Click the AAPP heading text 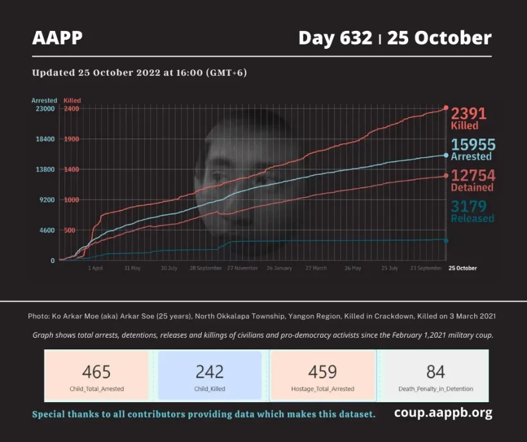coord(57,38)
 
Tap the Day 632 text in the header coord(335,38)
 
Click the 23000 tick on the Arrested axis coord(45,109)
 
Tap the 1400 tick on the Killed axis coord(71,169)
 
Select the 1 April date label coord(94,268)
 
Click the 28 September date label coord(206,268)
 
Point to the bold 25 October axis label coord(462,268)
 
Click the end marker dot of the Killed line coord(446,108)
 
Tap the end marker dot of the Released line coord(446,241)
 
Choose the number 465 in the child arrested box coord(96,372)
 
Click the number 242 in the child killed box coord(210,372)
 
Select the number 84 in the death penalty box coord(435,372)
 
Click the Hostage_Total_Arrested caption coord(323,389)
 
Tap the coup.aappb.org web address coord(443,413)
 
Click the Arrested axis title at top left coord(44,100)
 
